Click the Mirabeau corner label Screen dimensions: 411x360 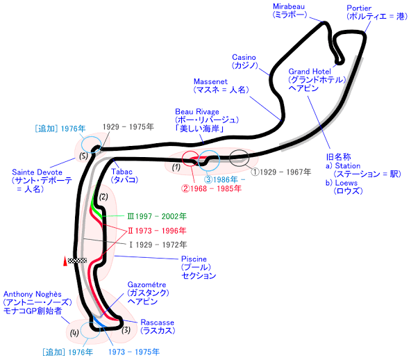pyautogui.click(x=289, y=6)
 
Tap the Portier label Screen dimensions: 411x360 pyautogui.click(x=359, y=8)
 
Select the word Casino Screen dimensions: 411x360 pyautogui.click(x=244, y=57)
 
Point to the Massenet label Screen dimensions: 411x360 pyautogui.click(x=210, y=81)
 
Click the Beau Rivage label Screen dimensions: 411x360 pyautogui.click(x=197, y=112)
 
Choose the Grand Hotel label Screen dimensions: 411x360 pyautogui.click(x=310, y=72)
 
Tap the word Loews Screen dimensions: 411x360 pyautogui.click(x=346, y=183)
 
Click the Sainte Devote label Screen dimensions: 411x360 pyautogui.click(x=37, y=172)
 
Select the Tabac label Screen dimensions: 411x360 pyautogui.click(x=121, y=172)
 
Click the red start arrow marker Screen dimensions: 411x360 pyautogui.click(x=65, y=261)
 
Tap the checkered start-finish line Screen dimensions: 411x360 pyautogui.click(x=77, y=261)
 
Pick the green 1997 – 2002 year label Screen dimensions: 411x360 pyautogui.click(x=157, y=216)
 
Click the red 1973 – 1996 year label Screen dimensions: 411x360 pyautogui.click(x=157, y=231)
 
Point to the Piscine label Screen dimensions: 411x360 pyautogui.click(x=194, y=259)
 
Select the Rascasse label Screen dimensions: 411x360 pyautogui.click(x=158, y=322)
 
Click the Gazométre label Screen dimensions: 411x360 pyautogui.click(x=146, y=285)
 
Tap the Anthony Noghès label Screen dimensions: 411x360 pyautogui.click(x=33, y=294)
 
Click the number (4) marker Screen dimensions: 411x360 pyautogui.click(x=74, y=333)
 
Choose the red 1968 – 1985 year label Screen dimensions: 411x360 pyautogui.click(x=212, y=188)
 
